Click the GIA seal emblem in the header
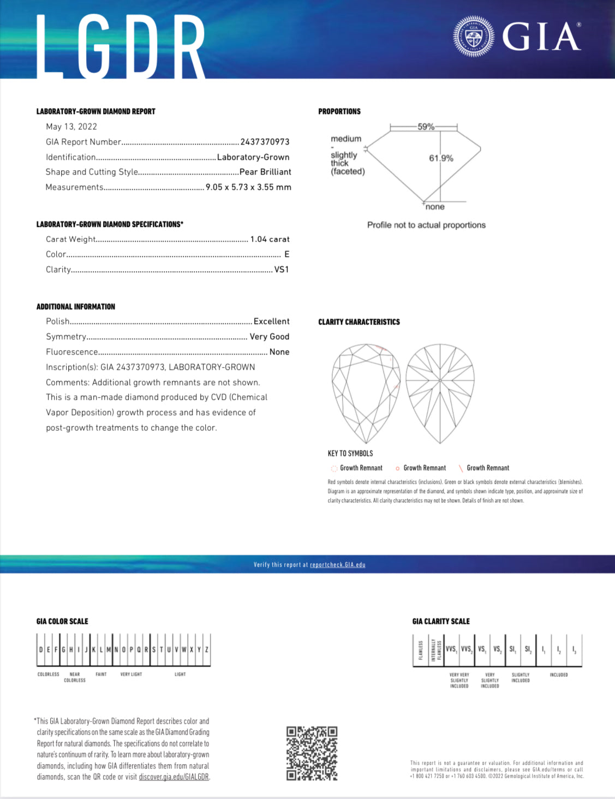[473, 37]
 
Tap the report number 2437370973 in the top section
[265, 142]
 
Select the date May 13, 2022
[71, 127]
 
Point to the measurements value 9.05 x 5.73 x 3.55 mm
[248, 187]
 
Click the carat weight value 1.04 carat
[270, 239]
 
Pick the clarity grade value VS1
[282, 269]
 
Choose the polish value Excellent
[271, 321]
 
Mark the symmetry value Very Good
[269, 337]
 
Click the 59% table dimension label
[426, 127]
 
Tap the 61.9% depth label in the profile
[441, 158]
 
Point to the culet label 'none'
[435, 207]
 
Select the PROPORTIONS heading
[339, 111]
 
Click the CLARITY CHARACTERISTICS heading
[359, 322]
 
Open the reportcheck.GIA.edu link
[337, 564]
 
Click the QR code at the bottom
[312, 753]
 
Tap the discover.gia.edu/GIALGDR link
[174, 777]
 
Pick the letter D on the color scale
[41, 650]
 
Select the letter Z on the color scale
[207, 650]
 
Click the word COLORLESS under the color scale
[48, 674]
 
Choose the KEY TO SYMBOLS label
[350, 453]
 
